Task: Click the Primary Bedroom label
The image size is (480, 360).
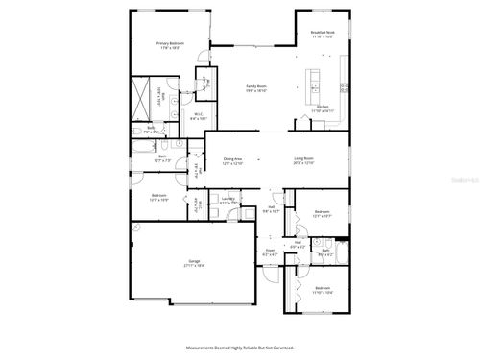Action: pyautogui.click(x=169, y=43)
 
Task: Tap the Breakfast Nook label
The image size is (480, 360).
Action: pyautogui.click(x=323, y=33)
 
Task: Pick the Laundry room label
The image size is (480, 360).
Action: pyautogui.click(x=228, y=201)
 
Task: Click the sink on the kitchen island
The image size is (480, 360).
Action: pyautogui.click(x=315, y=76)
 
